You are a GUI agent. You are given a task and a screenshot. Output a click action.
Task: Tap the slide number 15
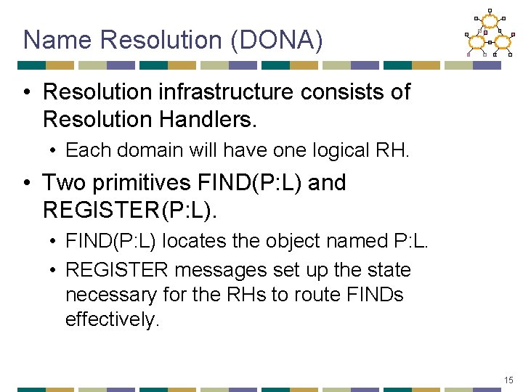508,380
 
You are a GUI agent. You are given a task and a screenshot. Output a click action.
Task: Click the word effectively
112,319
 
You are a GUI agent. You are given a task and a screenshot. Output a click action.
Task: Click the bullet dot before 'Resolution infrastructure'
25,92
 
